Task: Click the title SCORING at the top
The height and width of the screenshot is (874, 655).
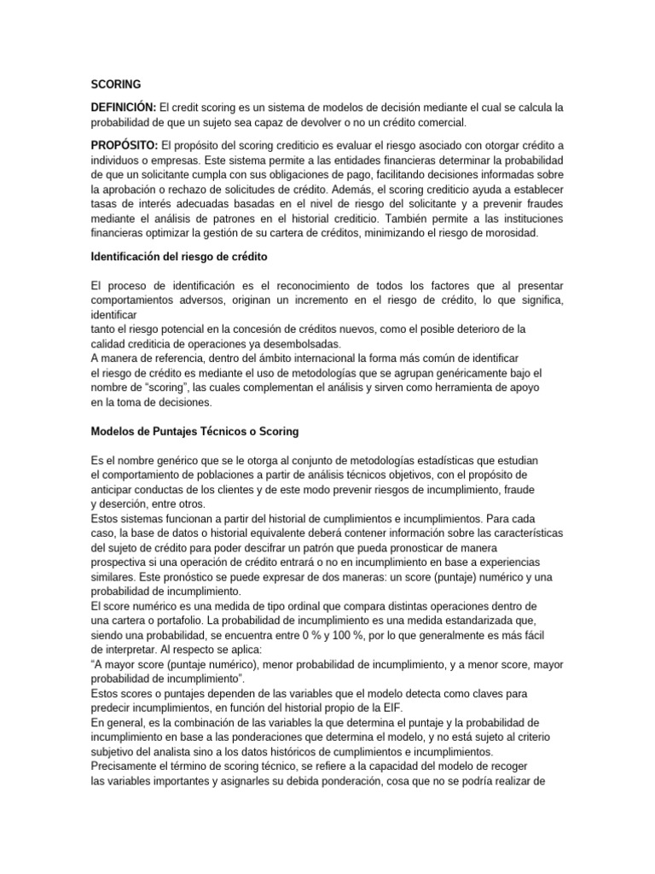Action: pos(116,84)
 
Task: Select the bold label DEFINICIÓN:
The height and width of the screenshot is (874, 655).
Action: pos(124,108)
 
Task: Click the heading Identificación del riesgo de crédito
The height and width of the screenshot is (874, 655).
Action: pos(183,258)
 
